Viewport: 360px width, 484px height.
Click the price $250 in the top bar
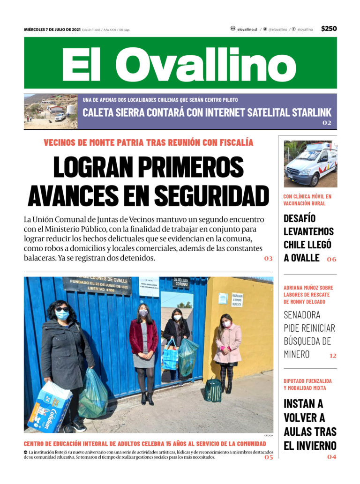(329, 29)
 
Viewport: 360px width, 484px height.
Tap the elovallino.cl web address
(247, 29)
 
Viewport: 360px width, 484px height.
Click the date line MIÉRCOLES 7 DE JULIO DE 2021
(52, 30)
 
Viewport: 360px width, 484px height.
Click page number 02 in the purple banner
(327, 123)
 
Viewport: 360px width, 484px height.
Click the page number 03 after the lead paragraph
(268, 259)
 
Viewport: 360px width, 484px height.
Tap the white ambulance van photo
(310, 164)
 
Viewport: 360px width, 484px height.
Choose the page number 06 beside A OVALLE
(331, 259)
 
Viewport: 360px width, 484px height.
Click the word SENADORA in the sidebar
(302, 314)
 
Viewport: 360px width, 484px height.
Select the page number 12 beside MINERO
(332, 356)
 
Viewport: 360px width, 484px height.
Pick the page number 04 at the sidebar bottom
(331, 457)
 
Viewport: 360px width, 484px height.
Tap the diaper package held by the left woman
(49, 406)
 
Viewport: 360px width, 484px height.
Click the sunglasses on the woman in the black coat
(61, 310)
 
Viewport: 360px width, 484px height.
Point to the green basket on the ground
(213, 390)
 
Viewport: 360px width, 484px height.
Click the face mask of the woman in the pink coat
(226, 324)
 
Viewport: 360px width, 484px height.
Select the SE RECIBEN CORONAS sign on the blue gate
(181, 282)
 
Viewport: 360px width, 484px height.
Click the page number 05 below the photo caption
(268, 457)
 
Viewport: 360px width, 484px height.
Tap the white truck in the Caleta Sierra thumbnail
(60, 116)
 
